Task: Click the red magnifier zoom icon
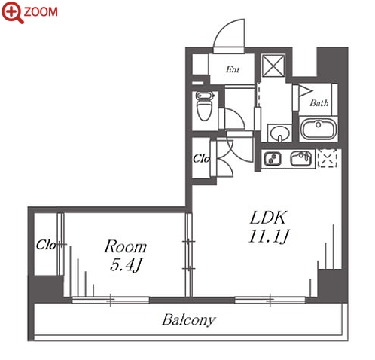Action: coord(12,12)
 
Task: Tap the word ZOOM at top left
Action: coord(41,12)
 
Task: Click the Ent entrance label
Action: coord(233,69)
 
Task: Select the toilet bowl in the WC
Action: coord(204,106)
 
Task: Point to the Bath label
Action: coord(319,102)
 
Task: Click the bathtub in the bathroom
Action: coord(319,129)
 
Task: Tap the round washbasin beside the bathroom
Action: coord(279,133)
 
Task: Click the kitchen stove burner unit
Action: coord(272,159)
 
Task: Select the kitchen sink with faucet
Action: coord(301,158)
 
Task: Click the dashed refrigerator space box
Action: coord(328,158)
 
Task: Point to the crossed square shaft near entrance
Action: coord(273,65)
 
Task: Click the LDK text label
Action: coord(268,218)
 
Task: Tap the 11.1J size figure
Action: coord(269,236)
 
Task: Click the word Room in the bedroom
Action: coord(126,246)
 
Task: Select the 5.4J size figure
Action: coord(127,265)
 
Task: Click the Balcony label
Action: coord(189,320)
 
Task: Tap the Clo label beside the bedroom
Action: coord(46,245)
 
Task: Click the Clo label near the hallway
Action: coord(201,159)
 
